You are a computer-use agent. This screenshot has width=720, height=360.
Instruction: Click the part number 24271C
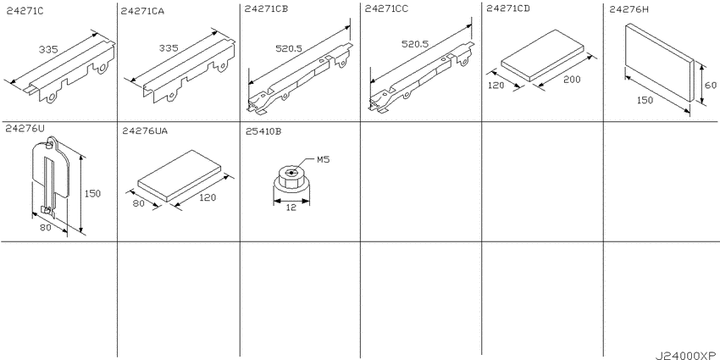tap(25, 10)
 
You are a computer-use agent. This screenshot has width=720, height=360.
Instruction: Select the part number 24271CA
tap(142, 10)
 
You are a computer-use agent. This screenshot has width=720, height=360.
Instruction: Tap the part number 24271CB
tap(266, 8)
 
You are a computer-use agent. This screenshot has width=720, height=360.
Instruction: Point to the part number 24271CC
tap(386, 8)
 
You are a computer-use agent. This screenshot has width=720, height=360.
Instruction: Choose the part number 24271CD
tap(508, 8)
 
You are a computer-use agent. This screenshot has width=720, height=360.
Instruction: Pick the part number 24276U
tap(25, 129)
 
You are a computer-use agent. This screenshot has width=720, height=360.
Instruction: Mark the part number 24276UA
tap(145, 130)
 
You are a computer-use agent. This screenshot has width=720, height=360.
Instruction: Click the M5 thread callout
tap(324, 159)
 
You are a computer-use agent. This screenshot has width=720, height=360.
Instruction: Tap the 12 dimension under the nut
tap(291, 208)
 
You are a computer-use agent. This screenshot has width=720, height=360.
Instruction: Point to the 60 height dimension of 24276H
tap(710, 85)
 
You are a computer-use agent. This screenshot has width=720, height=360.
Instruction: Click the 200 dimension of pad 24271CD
tap(572, 80)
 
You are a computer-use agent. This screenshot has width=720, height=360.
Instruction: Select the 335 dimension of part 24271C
tap(47, 49)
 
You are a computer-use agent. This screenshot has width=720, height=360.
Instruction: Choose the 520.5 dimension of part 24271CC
tap(415, 44)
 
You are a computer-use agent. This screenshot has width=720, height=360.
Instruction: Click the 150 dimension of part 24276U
tap(92, 193)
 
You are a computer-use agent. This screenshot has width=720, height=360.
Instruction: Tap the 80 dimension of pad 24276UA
tap(138, 204)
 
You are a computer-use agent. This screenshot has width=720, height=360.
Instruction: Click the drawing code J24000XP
tap(685, 356)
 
